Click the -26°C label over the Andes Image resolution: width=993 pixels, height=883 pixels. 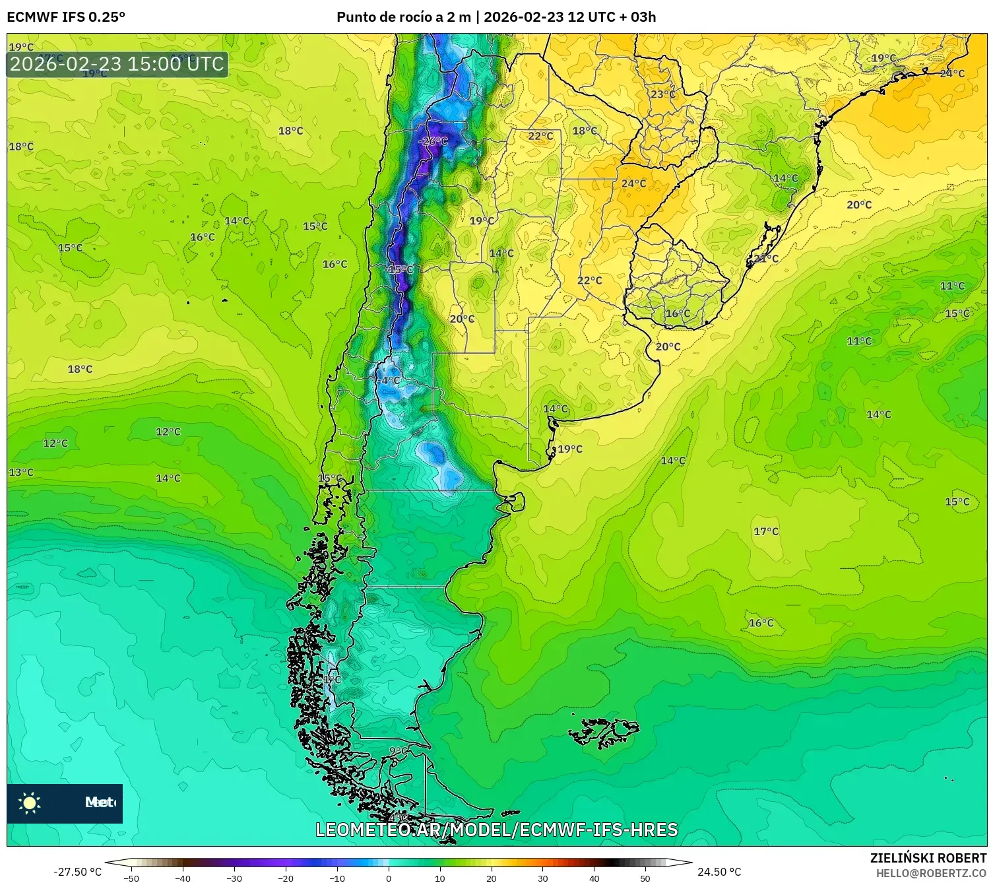[x=433, y=141]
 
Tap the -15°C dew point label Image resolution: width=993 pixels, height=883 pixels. [x=399, y=269]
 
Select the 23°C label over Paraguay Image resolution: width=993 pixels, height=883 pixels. [x=663, y=94]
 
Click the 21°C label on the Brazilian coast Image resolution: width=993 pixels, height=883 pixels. [x=766, y=258]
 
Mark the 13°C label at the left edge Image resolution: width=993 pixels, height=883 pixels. [x=21, y=472]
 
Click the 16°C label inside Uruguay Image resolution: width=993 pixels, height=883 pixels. [x=678, y=313]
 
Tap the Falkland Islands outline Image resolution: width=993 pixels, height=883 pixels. [x=604, y=732]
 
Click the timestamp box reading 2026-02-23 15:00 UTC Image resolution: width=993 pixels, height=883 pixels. [x=117, y=64]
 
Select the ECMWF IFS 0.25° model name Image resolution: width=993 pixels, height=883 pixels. [x=66, y=17]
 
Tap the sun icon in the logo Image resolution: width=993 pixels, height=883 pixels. [x=30, y=802]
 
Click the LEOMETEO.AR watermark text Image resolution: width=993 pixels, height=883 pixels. [x=496, y=830]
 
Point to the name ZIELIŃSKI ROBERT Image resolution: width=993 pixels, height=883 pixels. [x=928, y=858]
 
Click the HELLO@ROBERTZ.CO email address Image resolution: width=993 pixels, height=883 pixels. [x=931, y=873]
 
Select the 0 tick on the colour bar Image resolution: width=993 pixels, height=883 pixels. [x=388, y=878]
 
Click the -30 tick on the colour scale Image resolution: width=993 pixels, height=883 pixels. [x=234, y=878]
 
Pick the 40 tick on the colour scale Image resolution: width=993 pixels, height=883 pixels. [x=594, y=878]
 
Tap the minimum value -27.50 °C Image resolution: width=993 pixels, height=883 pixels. [x=77, y=872]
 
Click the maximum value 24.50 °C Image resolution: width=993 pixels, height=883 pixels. [x=719, y=872]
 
